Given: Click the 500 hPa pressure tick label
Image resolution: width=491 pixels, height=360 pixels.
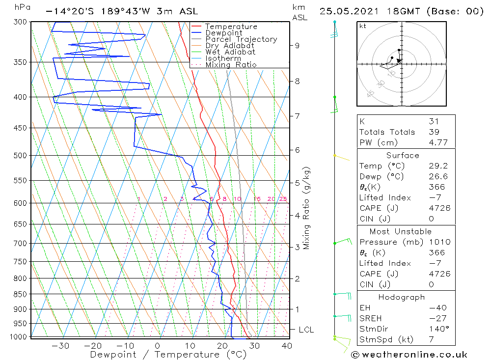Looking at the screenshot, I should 21,156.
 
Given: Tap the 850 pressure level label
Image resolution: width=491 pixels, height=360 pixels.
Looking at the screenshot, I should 21,294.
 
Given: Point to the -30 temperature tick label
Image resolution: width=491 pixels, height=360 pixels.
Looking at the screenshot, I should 60,346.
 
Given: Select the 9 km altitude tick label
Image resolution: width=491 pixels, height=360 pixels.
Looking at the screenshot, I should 297,46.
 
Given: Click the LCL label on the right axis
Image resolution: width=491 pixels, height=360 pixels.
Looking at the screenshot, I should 306,330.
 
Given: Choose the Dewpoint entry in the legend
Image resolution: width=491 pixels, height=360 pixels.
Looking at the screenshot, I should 224,33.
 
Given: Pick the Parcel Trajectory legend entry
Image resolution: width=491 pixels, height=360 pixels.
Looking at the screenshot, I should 241,39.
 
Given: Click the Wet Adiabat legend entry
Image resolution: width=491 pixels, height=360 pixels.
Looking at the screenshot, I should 230,52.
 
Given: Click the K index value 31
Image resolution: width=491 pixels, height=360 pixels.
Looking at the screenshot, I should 434,121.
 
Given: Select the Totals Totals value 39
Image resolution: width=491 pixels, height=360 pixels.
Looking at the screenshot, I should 434,132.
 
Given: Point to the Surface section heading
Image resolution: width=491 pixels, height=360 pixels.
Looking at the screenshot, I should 403,156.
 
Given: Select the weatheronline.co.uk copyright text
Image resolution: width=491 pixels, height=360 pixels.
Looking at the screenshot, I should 409,355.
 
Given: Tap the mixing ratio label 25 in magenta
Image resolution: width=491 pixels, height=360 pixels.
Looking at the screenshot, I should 283,199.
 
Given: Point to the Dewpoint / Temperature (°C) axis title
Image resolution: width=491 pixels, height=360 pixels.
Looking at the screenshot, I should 168,355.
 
